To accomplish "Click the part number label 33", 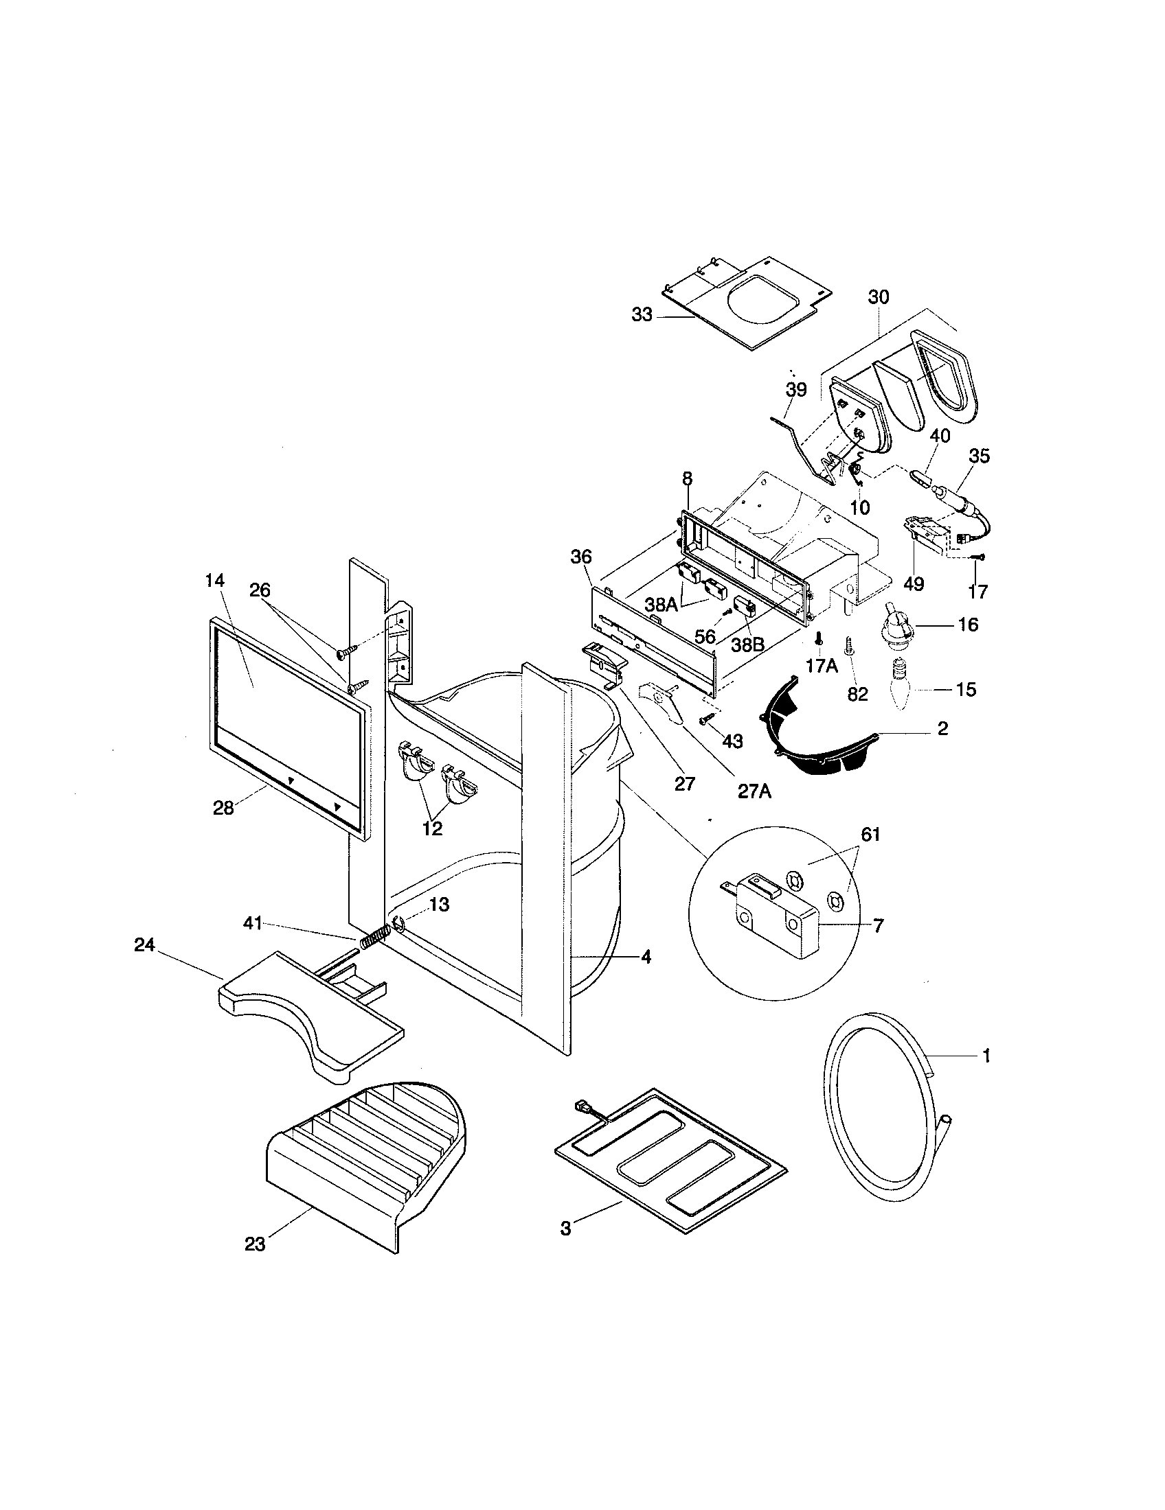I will coord(642,315).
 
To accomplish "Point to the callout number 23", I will coord(255,1244).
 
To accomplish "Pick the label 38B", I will coord(747,644).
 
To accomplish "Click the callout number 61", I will coord(870,835).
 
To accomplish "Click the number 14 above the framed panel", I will coord(214,581).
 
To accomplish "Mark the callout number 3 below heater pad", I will coord(566,1229).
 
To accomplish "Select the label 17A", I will coord(821,666).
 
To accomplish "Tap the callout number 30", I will coord(879,297).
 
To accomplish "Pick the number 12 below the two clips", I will coord(431,828).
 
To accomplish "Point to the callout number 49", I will coord(913,584).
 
